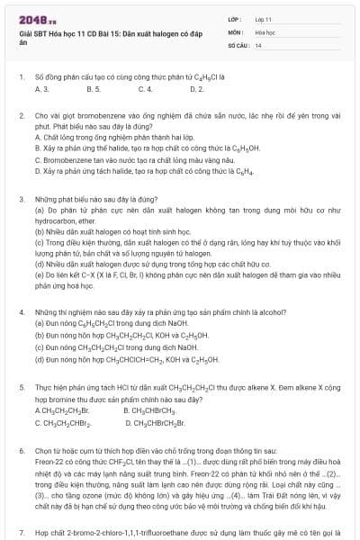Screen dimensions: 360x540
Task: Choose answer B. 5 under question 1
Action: coord(94,90)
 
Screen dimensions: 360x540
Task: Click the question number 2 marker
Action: coord(21,117)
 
